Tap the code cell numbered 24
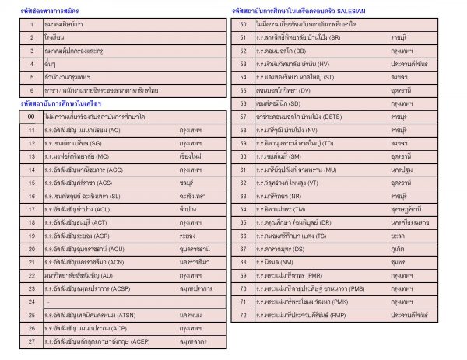(32, 301)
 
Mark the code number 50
(244, 23)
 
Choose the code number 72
(244, 314)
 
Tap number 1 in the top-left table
(32, 25)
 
